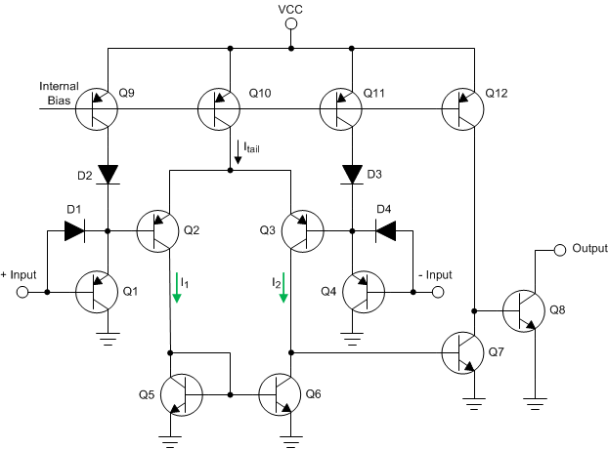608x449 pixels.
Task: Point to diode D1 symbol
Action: coord(74,231)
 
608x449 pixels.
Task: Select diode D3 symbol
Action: coord(350,173)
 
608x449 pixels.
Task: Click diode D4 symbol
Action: coord(383,231)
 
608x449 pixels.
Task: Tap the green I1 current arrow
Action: coord(179,288)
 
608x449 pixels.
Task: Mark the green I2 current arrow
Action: coord(284,288)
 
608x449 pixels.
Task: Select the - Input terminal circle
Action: coord(438,291)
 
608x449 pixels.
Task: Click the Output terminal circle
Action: coord(559,249)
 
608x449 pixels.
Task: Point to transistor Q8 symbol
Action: coord(525,312)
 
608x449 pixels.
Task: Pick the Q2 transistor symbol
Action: coord(159,231)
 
